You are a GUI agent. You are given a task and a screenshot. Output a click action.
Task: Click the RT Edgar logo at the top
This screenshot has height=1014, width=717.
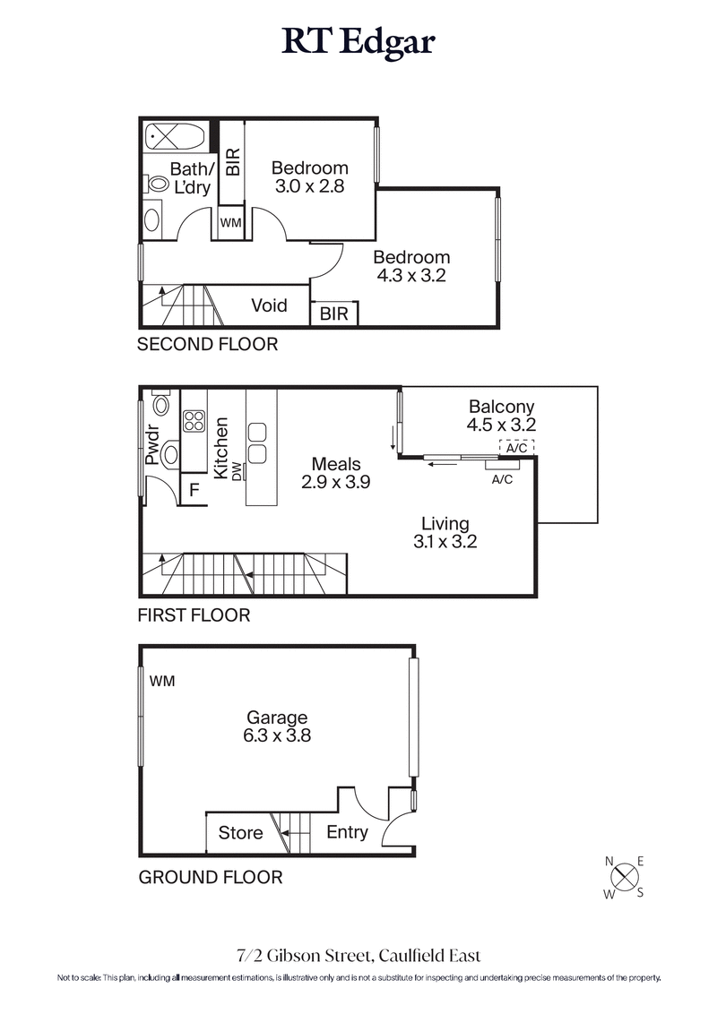[358, 42]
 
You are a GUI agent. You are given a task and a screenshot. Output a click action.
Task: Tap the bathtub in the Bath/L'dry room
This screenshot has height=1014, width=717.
[176, 138]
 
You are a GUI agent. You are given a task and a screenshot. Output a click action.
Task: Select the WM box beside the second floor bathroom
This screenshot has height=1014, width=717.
[230, 223]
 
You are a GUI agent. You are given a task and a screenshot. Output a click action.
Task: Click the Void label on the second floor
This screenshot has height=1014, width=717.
[269, 305]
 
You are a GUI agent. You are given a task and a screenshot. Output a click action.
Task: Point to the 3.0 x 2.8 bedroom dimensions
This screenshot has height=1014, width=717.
[310, 186]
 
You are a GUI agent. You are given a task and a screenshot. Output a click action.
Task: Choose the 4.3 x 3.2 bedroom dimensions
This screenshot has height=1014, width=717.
[412, 276]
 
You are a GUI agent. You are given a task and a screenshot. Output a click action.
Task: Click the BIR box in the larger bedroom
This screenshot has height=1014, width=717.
[334, 314]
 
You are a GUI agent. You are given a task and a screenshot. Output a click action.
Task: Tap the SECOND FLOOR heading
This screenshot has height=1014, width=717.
[207, 344]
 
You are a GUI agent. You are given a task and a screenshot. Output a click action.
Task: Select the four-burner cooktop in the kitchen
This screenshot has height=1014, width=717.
[194, 421]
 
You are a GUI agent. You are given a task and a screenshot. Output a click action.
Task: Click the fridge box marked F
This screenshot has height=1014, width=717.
[192, 491]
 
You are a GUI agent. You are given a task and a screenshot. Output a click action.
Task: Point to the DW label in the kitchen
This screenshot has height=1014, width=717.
[238, 471]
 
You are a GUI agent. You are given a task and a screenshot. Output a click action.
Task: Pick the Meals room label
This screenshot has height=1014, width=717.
[336, 464]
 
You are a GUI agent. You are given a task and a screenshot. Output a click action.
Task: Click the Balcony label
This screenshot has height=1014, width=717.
[501, 405]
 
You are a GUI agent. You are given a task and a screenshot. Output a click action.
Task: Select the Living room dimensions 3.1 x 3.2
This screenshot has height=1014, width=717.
[445, 542]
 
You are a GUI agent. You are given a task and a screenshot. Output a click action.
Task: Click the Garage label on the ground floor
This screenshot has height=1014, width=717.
[278, 718]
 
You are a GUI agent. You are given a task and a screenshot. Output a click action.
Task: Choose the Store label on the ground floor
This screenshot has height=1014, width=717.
[241, 833]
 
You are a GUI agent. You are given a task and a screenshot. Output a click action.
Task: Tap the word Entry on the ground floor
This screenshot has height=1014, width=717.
[347, 832]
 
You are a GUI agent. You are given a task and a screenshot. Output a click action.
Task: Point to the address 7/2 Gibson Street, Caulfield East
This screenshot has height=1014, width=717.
[358, 957]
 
